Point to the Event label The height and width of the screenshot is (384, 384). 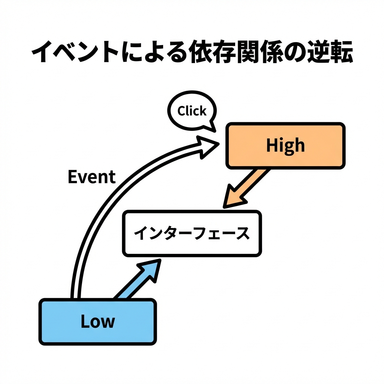pyautogui.click(x=91, y=177)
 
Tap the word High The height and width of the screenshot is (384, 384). pyautogui.click(x=285, y=145)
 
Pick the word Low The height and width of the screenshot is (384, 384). pyautogui.click(x=97, y=321)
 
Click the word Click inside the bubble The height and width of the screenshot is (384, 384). pyautogui.click(x=192, y=111)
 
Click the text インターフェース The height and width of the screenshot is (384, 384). pyautogui.click(x=192, y=234)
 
